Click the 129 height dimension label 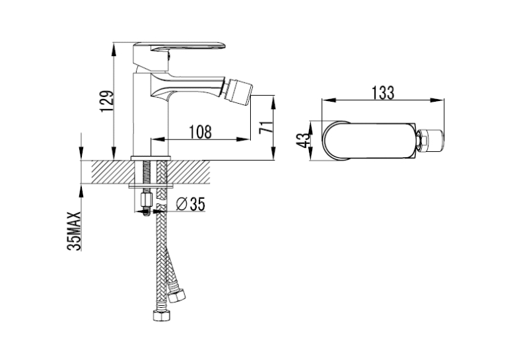click(x=107, y=101)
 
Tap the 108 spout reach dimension click(x=200, y=131)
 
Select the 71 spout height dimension click(x=266, y=127)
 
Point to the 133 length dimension click(x=383, y=92)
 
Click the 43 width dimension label click(x=303, y=141)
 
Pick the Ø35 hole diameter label click(x=191, y=203)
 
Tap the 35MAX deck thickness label click(x=74, y=231)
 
